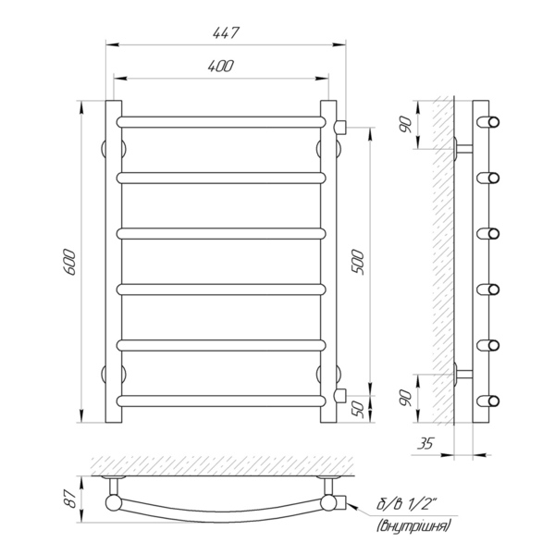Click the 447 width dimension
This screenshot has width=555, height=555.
tap(226, 33)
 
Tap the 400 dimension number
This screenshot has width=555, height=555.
tap(221, 67)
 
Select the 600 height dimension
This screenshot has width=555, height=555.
tap(69, 263)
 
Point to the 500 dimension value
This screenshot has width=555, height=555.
tap(357, 263)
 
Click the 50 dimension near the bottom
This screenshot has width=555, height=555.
tap(358, 409)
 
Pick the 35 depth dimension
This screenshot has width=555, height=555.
tap(425, 443)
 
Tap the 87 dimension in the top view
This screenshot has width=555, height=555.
tap(71, 499)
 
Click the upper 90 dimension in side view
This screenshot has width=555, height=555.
tap(406, 125)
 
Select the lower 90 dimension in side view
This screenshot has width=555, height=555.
tap(406, 398)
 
